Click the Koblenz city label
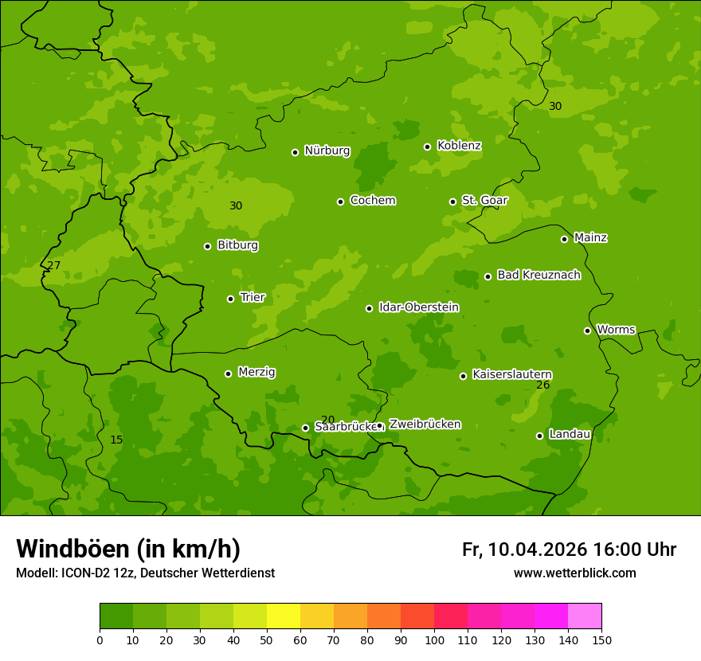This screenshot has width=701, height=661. [x=459, y=146]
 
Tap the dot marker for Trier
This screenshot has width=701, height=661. [x=231, y=299]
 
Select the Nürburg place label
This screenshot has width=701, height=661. [x=327, y=151]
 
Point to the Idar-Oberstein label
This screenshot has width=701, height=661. [x=418, y=307]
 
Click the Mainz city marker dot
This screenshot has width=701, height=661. [x=564, y=239]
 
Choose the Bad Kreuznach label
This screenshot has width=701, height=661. [x=538, y=275]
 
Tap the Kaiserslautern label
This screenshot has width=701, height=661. [x=512, y=374]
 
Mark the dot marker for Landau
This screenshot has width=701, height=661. [x=539, y=436]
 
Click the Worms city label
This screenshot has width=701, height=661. [x=616, y=330]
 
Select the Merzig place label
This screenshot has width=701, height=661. [x=257, y=372]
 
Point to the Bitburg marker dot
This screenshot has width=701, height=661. [x=207, y=246]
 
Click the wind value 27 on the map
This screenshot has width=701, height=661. [x=53, y=265]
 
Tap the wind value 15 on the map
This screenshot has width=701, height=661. [x=116, y=440]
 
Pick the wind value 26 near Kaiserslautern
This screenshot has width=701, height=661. [x=543, y=385]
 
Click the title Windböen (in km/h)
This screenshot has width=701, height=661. [x=128, y=549]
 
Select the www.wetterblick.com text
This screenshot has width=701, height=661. [x=574, y=573]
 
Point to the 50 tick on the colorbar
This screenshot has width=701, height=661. [x=267, y=639]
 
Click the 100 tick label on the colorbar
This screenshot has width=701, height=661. [x=434, y=639]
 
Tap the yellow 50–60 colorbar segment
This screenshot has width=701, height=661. [x=284, y=616]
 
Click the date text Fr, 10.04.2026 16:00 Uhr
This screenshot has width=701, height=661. [x=569, y=550]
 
